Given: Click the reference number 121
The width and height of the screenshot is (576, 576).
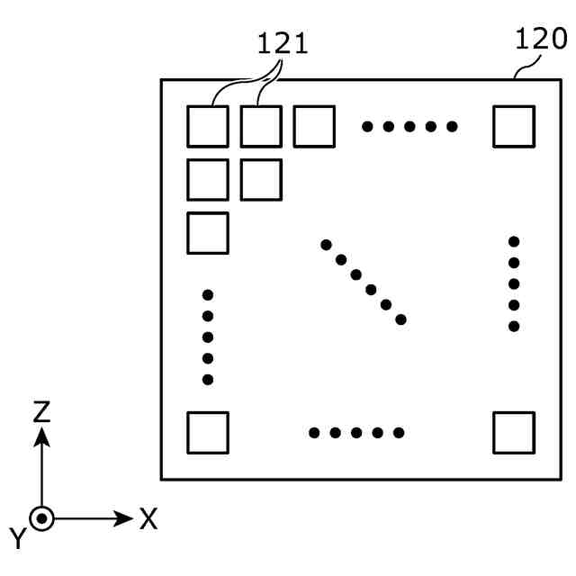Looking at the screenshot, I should (x=283, y=43).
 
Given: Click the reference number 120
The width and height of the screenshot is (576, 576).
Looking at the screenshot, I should (x=542, y=39).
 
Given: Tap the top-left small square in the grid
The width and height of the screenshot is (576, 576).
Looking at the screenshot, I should (x=207, y=126).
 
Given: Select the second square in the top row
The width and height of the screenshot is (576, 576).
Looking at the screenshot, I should (x=261, y=126).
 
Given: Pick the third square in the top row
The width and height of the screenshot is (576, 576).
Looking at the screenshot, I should (x=314, y=126).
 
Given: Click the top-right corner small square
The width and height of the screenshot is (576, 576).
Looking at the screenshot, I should (x=514, y=126).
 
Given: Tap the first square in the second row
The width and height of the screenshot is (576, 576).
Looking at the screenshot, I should (x=207, y=179).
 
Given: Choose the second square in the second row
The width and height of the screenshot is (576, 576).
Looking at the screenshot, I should (x=261, y=179).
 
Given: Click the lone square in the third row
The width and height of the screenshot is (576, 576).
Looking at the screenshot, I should (x=207, y=232).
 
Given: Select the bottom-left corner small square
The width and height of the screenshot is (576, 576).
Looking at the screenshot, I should (x=207, y=432).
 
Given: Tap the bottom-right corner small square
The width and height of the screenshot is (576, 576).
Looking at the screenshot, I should (x=514, y=432).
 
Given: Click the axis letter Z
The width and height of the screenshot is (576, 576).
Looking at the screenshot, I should (x=41, y=412).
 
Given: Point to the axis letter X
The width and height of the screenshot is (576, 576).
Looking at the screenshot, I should (x=148, y=518).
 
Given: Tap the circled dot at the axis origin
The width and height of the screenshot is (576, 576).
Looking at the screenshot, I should (x=41, y=518).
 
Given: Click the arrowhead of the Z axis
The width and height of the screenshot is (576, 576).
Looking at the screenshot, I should (x=41, y=437).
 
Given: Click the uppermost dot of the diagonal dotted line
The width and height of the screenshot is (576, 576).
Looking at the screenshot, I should (x=326, y=243).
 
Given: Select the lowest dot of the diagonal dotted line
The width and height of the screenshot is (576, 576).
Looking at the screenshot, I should (x=400, y=319).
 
